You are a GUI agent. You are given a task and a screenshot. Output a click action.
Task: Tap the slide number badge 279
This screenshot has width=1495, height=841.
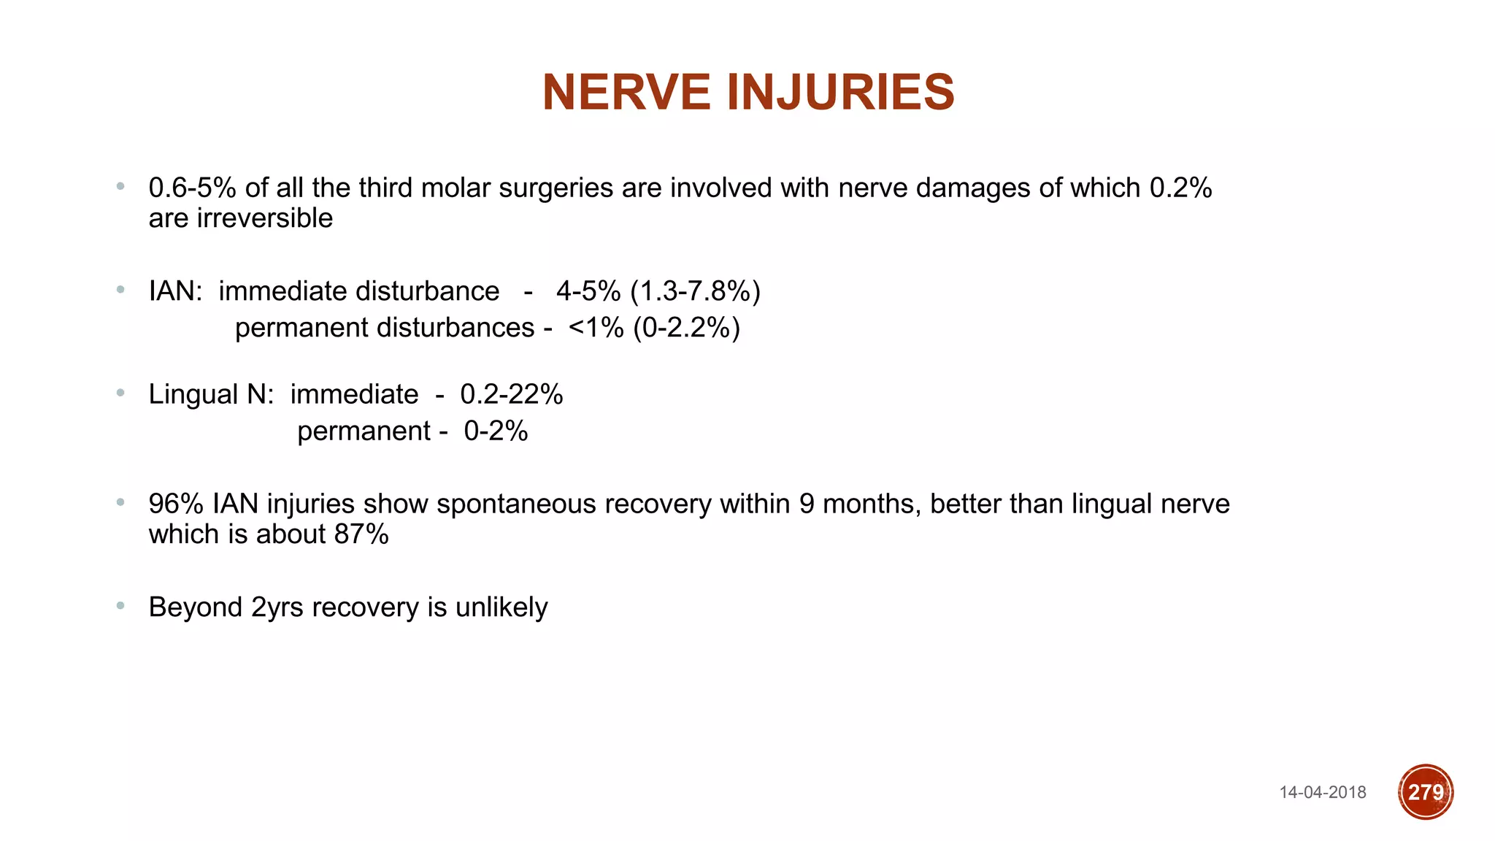pos(1426,792)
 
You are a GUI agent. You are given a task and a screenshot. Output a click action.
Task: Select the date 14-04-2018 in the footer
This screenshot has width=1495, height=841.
pos(1323,793)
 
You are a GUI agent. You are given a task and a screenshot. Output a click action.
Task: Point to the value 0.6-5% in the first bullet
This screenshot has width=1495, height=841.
pos(192,188)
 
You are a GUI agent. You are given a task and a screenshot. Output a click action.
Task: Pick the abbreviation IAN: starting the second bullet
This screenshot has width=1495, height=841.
pos(175,291)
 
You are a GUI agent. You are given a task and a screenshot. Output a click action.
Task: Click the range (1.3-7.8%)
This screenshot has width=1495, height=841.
pos(695,291)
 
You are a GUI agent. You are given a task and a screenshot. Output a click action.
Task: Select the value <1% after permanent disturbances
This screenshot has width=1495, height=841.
pos(596,328)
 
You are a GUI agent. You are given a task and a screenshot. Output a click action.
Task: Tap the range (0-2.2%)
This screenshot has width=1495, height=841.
pos(686,328)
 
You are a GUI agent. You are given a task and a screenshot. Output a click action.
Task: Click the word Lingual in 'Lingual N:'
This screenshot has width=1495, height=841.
pos(193,395)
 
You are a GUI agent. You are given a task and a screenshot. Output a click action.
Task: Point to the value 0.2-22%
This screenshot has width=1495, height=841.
pos(511,395)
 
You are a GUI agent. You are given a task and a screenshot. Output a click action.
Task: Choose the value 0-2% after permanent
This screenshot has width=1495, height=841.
pos(496,431)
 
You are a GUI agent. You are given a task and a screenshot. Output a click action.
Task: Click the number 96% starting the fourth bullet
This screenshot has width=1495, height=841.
pos(176,504)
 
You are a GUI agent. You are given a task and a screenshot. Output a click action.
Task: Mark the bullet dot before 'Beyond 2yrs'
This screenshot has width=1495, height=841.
pos(120,605)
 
